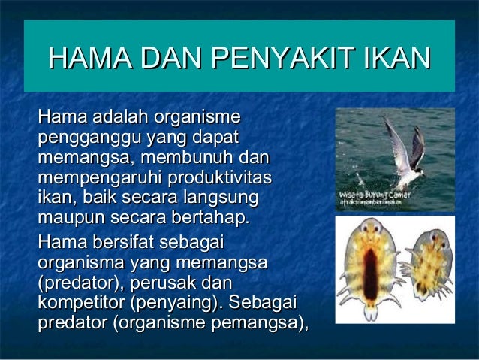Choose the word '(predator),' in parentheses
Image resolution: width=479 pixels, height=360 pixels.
point(80,284)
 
